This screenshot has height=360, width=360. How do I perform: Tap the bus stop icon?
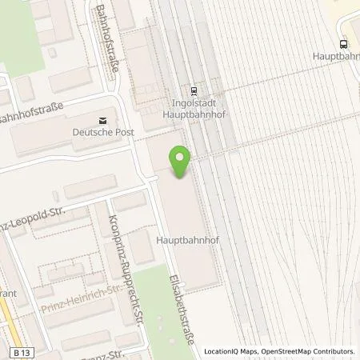(342, 45)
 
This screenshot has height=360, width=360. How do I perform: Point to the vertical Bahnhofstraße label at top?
(114, 38)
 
